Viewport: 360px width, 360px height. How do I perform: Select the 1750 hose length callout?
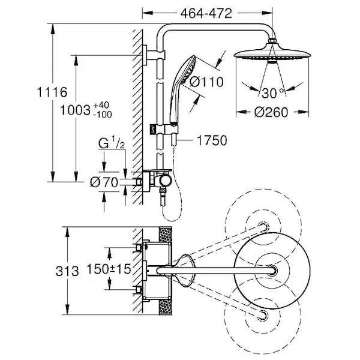pos(211,141)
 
